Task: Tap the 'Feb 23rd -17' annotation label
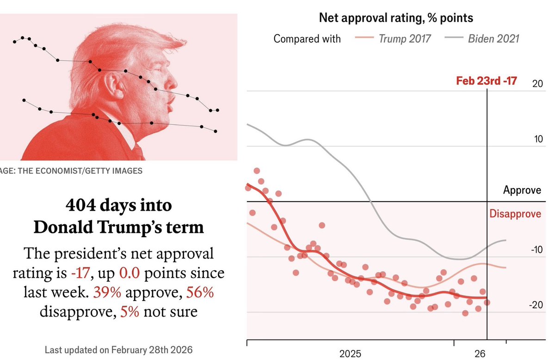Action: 486,81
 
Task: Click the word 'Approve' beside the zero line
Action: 522,190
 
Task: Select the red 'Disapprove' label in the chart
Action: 515,214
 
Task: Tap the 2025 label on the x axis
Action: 350,354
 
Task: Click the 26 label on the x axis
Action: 480,354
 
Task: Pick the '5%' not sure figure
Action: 129,311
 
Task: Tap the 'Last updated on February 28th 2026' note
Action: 118,350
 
